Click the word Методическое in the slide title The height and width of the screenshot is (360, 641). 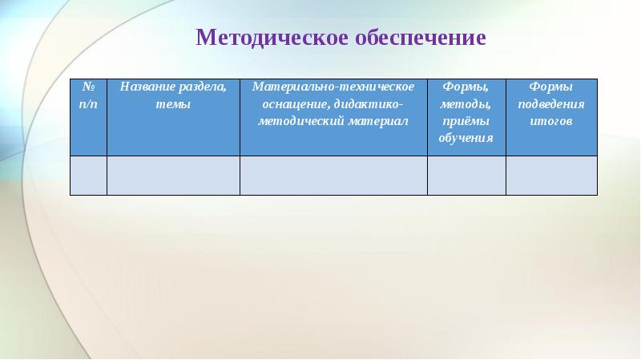pyautogui.click(x=269, y=38)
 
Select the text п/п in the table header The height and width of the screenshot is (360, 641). pyautogui.click(x=88, y=104)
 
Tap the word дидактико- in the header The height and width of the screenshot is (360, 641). pyautogui.click(x=370, y=104)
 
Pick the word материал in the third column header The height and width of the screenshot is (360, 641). pyautogui.click(x=373, y=121)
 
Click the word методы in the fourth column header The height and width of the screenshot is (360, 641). pyautogui.click(x=466, y=104)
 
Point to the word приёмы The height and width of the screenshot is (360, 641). pyautogui.click(x=466, y=121)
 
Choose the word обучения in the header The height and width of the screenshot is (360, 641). pyautogui.click(x=466, y=138)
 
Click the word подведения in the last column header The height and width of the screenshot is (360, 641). pyautogui.click(x=551, y=104)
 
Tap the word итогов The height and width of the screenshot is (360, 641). pyautogui.click(x=551, y=121)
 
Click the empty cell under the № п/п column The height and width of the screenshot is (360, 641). pyautogui.click(x=88, y=175)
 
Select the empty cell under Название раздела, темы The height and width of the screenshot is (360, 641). pyautogui.click(x=173, y=175)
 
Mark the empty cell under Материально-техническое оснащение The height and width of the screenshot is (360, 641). pyautogui.click(x=333, y=175)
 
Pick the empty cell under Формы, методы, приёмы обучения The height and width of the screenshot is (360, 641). pyautogui.click(x=466, y=175)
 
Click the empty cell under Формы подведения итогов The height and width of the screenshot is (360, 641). pyautogui.click(x=551, y=175)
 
